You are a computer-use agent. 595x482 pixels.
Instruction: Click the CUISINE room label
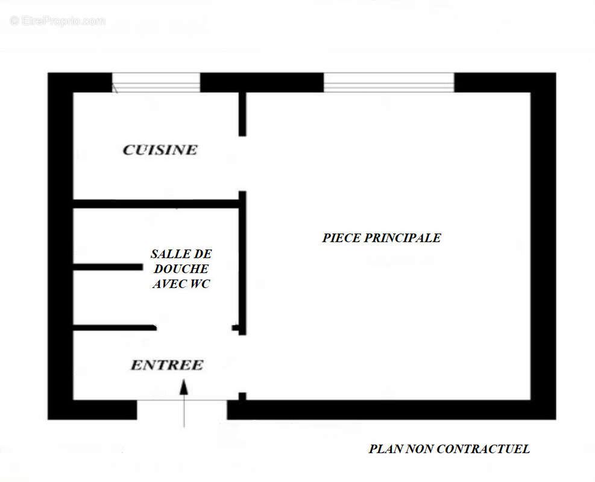160,149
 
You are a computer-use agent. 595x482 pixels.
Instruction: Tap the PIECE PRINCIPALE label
381,238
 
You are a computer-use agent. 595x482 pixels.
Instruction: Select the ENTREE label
167,365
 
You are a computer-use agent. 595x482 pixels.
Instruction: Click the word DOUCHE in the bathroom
181,269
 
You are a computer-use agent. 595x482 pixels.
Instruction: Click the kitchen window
156,83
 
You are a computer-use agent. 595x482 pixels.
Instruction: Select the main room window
388,83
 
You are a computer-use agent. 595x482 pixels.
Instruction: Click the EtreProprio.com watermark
58,21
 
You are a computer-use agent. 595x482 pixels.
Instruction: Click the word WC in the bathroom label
199,284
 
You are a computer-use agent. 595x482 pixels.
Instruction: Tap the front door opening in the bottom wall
181,409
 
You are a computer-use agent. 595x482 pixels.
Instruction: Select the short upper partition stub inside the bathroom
108,266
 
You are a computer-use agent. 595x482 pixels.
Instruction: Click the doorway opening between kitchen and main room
242,163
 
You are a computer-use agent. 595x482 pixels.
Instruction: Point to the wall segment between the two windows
262,83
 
